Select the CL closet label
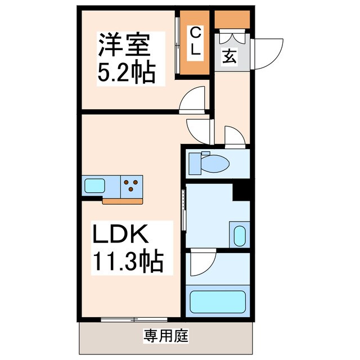point(195,41)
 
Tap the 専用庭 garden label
point(166,337)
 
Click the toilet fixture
point(211,164)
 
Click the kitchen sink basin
point(93,185)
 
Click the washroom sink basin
point(238,235)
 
